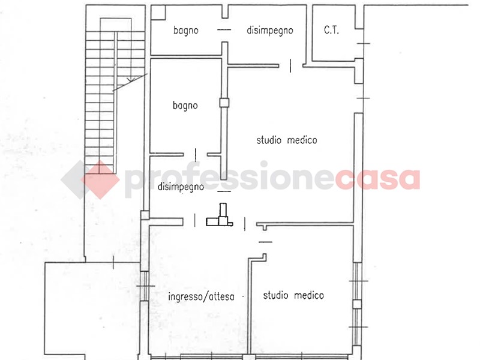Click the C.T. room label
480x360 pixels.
[x=331, y=30]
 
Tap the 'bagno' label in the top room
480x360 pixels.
[x=185, y=31]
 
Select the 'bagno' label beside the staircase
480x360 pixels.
[x=185, y=106]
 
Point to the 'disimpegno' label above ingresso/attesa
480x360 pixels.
[x=181, y=187]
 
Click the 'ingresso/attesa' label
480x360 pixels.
[x=202, y=296]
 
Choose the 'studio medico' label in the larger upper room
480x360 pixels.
[x=287, y=140]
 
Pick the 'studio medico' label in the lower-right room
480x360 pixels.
[x=293, y=295]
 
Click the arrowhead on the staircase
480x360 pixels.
[x=131, y=79]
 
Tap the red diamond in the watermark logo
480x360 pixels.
[x=100, y=179]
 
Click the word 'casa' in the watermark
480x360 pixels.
[x=377, y=179]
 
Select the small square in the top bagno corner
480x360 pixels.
[x=158, y=13]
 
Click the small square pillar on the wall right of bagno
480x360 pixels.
[x=224, y=102]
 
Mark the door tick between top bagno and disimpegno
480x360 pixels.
[x=224, y=29]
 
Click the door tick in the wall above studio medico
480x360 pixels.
[x=290, y=65]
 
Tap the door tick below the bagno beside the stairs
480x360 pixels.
[x=196, y=155]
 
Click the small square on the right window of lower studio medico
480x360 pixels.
[x=356, y=304]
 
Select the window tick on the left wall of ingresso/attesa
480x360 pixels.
[x=146, y=286]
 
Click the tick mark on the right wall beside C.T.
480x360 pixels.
[x=364, y=43]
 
